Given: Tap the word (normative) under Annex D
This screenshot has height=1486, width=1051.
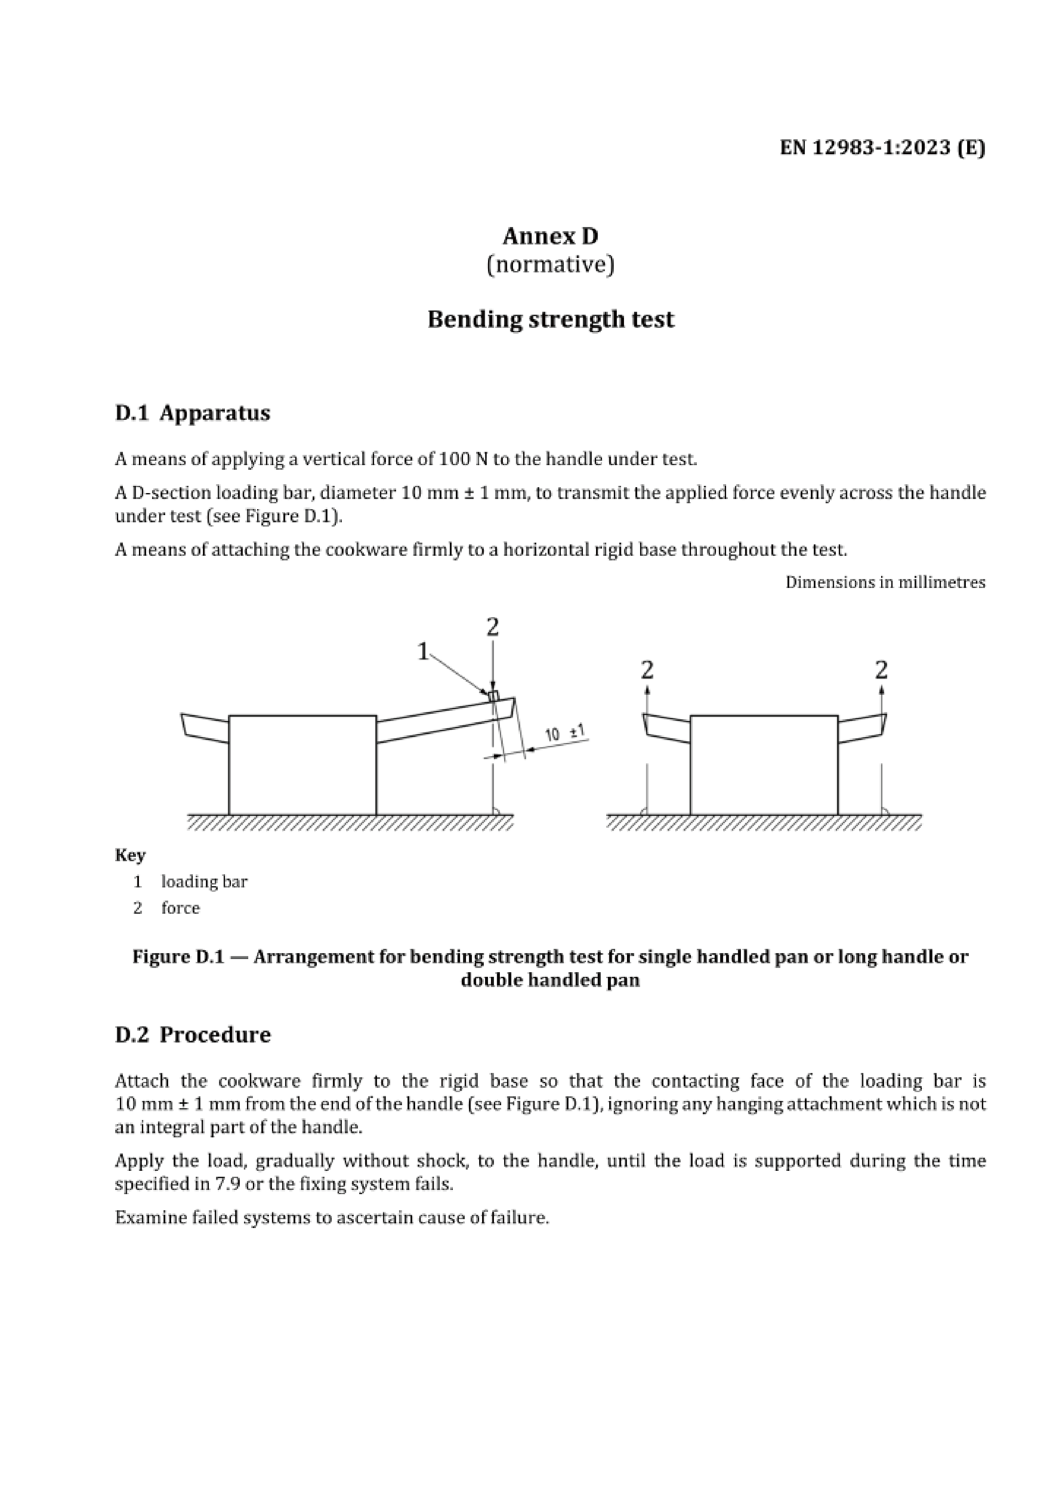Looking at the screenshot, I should click(x=550, y=264).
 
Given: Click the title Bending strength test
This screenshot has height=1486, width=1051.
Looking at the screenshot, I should click(x=550, y=319).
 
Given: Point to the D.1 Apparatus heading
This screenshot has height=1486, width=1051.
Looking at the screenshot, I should click(x=192, y=412).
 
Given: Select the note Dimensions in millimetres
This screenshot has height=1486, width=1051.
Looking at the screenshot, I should click(x=885, y=582).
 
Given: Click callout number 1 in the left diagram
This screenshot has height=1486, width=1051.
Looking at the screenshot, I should click(x=423, y=651).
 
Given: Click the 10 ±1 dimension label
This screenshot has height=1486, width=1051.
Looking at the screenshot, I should click(x=564, y=733).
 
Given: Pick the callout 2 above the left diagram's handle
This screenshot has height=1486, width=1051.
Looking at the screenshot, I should click(x=493, y=627).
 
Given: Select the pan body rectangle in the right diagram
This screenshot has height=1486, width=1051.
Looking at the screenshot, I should click(x=764, y=764).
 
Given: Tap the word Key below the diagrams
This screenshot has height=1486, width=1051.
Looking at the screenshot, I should click(x=130, y=855).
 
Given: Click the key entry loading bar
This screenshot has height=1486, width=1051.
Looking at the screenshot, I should click(x=204, y=882).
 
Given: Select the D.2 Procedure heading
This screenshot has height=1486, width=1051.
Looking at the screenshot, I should click(x=192, y=1034).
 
